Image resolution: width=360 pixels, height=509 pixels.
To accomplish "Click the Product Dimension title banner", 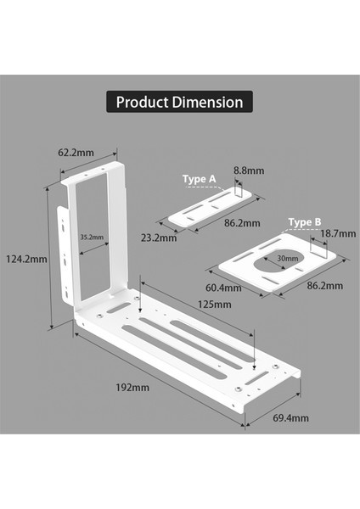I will pos(179,103).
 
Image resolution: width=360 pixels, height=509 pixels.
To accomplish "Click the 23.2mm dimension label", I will pos(159,238).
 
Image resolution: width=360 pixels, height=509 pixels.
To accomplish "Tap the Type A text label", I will pos(200,179).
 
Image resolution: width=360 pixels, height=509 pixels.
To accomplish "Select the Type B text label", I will pos(305,222).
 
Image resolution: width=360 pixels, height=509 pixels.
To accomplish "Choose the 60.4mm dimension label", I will pos(224,288).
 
